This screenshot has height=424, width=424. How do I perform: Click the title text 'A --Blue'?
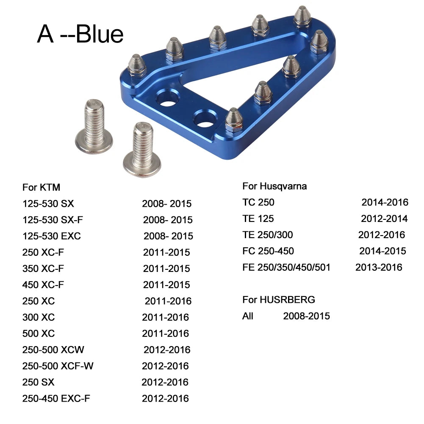coord(80,34)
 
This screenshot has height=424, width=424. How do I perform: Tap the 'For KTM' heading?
coord(41,187)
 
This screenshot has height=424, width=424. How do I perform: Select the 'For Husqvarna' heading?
coord(274,186)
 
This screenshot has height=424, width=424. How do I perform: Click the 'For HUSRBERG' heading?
coord(279,300)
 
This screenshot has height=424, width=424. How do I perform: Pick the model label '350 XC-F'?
coord(43,269)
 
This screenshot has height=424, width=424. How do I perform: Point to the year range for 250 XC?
coord(168,301)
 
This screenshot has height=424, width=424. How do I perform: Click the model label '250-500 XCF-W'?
coord(58,366)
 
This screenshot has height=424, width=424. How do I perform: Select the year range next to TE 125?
coord(384,219)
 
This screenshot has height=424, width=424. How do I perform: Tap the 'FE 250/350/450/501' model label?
coord(286,267)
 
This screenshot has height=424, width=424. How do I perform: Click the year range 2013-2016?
coord(379,267)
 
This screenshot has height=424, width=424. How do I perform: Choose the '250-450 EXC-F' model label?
coord(56,399)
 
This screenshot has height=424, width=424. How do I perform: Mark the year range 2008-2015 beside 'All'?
coord(306,316)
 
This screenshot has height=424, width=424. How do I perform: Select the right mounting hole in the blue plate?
coord(204,119)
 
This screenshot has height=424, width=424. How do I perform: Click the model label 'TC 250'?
coord(258,202)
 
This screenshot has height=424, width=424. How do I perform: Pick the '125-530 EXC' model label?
coord(51,236)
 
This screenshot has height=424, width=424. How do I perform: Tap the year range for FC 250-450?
coord(382,251)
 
